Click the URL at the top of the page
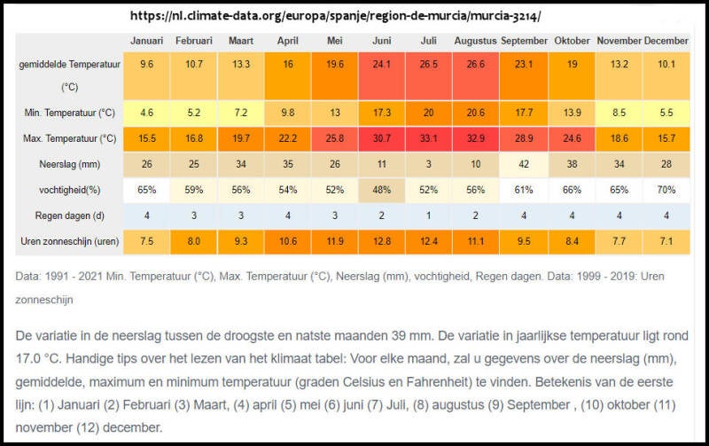tap(335, 16)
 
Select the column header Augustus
tap(476, 42)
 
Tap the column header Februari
tap(193, 42)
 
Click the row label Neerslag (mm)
tap(69, 164)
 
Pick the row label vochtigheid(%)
tap(69, 190)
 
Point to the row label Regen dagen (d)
tap(69, 215)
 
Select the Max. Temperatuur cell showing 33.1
tap(428, 138)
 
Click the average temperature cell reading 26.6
tap(476, 65)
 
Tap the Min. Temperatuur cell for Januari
tap(146, 113)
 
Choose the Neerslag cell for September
tap(524, 164)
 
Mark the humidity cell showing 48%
tap(381, 190)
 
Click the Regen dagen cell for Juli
tap(428, 215)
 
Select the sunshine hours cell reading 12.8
tap(381, 241)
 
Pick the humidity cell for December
tap(666, 190)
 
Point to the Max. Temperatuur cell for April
tap(287, 138)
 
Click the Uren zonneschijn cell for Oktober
tap(572, 241)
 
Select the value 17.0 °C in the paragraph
tap(38, 357)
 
